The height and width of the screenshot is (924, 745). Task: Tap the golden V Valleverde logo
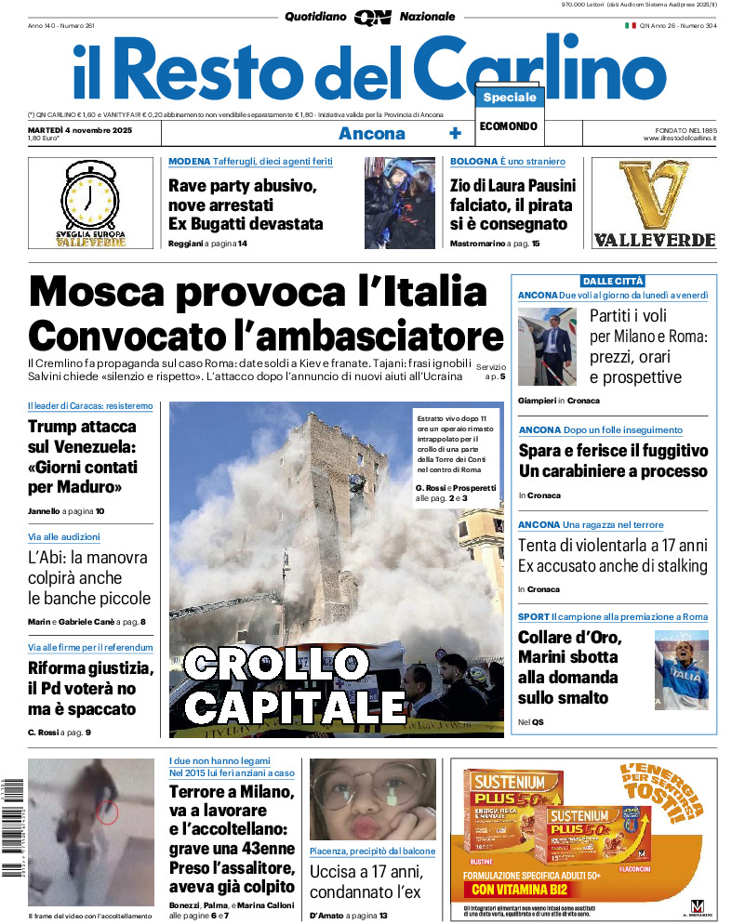[x=666, y=195]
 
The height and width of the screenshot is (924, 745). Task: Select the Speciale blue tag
[x=510, y=98]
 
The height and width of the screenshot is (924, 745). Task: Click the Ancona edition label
[x=372, y=133]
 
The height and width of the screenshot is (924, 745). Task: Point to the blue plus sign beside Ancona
[x=455, y=133]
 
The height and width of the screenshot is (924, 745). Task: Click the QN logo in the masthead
[x=371, y=17]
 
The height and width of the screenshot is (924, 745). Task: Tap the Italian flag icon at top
[x=630, y=25]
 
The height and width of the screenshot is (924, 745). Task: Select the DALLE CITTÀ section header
[x=613, y=281]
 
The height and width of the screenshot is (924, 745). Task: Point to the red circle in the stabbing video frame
[x=108, y=812]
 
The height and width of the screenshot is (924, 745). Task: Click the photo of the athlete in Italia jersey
[x=682, y=666]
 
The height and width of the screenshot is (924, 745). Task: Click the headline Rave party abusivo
[x=242, y=186]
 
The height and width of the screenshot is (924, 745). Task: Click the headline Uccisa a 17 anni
[x=366, y=873]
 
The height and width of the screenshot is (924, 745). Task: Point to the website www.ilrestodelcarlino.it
[x=679, y=138]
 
